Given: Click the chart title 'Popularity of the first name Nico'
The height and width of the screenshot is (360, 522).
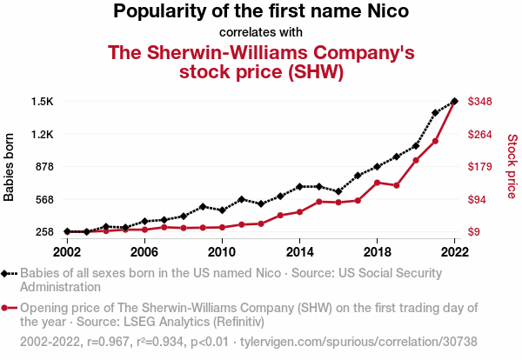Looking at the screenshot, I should (261, 12).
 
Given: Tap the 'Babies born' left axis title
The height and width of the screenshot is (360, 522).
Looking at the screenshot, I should (10, 167).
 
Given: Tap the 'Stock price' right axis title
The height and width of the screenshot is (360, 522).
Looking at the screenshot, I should (512, 165).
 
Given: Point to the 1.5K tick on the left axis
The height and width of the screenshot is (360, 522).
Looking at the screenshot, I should (43, 102).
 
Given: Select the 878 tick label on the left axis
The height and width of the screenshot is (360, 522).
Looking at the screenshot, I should (44, 167).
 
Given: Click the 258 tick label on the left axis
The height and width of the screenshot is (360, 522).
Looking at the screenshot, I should (44, 232).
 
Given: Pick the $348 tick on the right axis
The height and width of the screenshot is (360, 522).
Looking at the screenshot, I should (481, 102).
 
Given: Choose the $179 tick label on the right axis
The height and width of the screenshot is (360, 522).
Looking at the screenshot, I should (481, 167).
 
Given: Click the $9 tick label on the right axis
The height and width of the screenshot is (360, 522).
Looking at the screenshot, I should (476, 232).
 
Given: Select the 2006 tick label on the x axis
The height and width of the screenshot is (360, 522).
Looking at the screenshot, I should (144, 251).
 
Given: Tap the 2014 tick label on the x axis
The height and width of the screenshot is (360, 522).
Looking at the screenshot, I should (299, 251).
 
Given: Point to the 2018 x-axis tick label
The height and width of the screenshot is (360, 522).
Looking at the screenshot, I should (377, 251).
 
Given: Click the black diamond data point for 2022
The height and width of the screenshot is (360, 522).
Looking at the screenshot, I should (454, 102).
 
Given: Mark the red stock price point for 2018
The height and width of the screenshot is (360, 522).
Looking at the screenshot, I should (377, 183).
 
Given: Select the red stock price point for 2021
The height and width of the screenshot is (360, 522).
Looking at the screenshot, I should (435, 141).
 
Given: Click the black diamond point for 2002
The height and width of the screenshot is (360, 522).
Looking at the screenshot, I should (67, 231).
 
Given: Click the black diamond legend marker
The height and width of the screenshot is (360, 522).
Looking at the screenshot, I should (9, 273).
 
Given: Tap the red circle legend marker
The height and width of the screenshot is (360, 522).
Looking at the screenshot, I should (9, 308).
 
